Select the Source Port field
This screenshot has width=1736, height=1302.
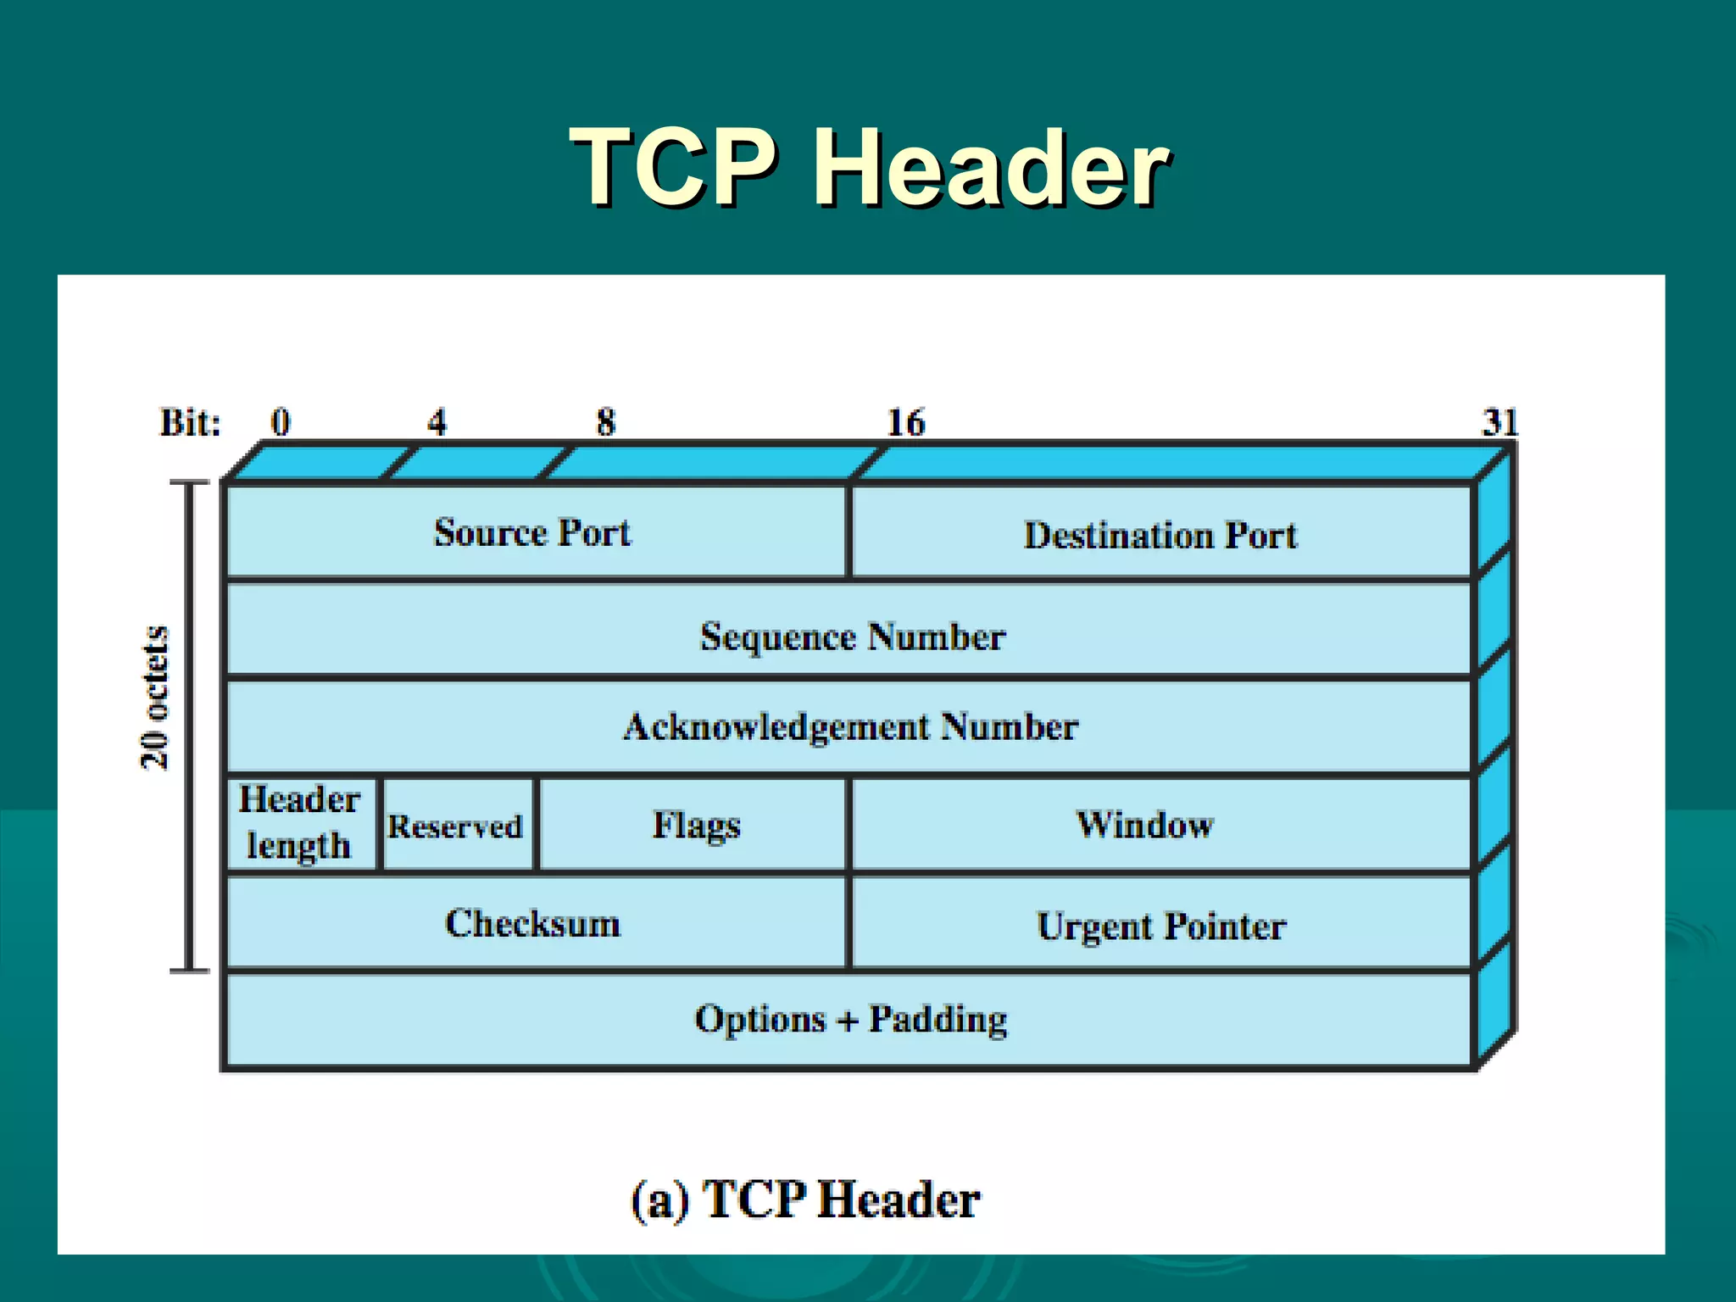pos(534,532)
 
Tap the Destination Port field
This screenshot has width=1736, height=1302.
pos(1161,534)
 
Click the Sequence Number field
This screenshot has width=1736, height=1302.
pos(851,636)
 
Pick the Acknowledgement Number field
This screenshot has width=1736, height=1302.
pos(851,727)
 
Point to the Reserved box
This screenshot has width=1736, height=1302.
pos(456,826)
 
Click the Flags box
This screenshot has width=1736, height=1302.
pos(695,825)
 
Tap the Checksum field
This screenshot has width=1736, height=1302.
pos(534,923)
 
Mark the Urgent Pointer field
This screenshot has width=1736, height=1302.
pos(1161,925)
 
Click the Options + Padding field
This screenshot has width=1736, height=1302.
pos(851,1019)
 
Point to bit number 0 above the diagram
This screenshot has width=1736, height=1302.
pos(281,422)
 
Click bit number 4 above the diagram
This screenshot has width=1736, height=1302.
pos(437,422)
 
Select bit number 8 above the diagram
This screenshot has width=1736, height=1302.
pos(605,422)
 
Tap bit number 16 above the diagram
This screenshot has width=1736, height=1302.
pos(905,422)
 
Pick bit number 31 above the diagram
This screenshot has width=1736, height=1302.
pos(1500,422)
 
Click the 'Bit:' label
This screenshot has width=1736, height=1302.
pos(191,422)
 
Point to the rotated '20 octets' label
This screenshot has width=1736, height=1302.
pos(155,697)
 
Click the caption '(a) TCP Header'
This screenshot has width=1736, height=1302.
pos(805,1199)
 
